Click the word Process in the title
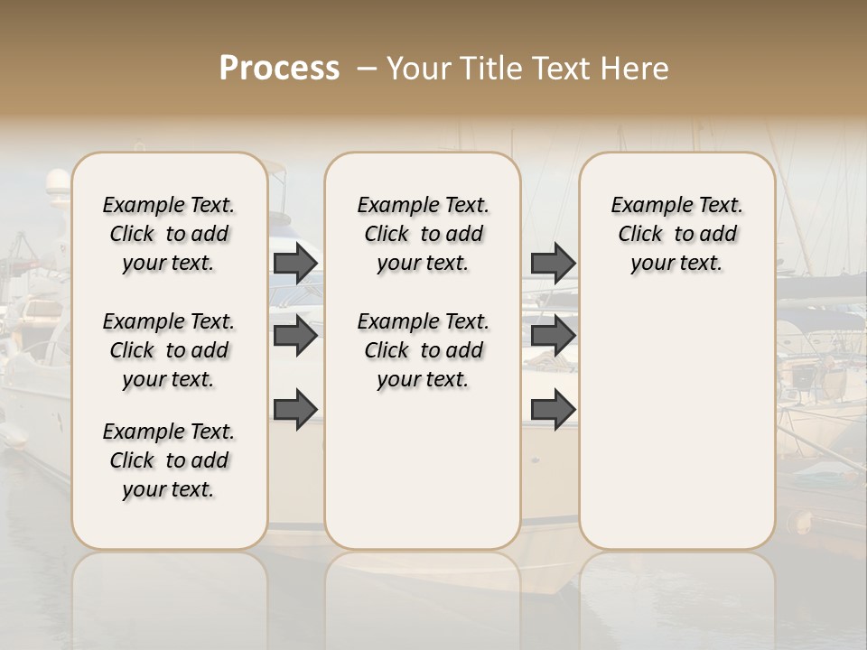[279, 69]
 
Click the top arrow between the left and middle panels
[295, 263]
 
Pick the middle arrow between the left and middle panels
[295, 336]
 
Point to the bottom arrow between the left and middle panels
[295, 408]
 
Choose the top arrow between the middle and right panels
[553, 263]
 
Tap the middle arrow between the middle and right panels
[553, 336]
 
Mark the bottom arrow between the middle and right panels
[553, 408]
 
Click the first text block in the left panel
[169, 234]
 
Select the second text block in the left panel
[169, 350]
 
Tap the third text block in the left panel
[169, 460]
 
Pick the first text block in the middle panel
[423, 234]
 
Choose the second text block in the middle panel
[423, 350]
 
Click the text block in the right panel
[676, 234]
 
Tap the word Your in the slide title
[415, 69]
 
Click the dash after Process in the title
[367, 69]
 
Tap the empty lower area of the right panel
[676, 424]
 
